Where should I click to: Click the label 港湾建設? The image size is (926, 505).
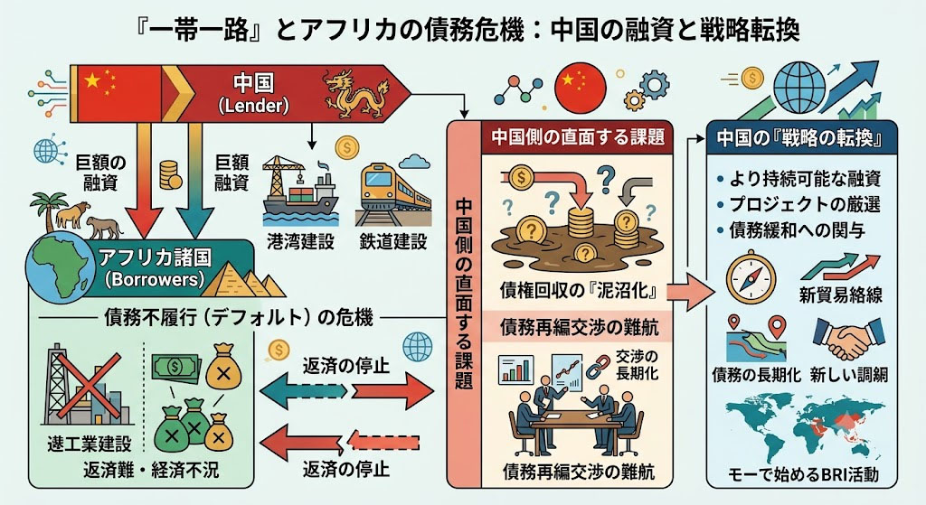click(x=300, y=241)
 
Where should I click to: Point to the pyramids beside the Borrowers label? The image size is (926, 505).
click(x=247, y=280)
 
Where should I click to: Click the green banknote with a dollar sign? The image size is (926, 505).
click(x=175, y=368)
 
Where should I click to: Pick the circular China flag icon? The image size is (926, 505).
click(x=581, y=89)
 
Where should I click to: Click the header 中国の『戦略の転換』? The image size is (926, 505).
click(x=800, y=138)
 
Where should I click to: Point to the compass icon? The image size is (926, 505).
click(x=751, y=276)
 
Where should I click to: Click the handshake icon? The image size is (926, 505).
click(x=848, y=339)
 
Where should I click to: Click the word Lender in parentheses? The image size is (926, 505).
click(x=253, y=107)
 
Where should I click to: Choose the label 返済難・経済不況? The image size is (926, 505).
click(x=151, y=470)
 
